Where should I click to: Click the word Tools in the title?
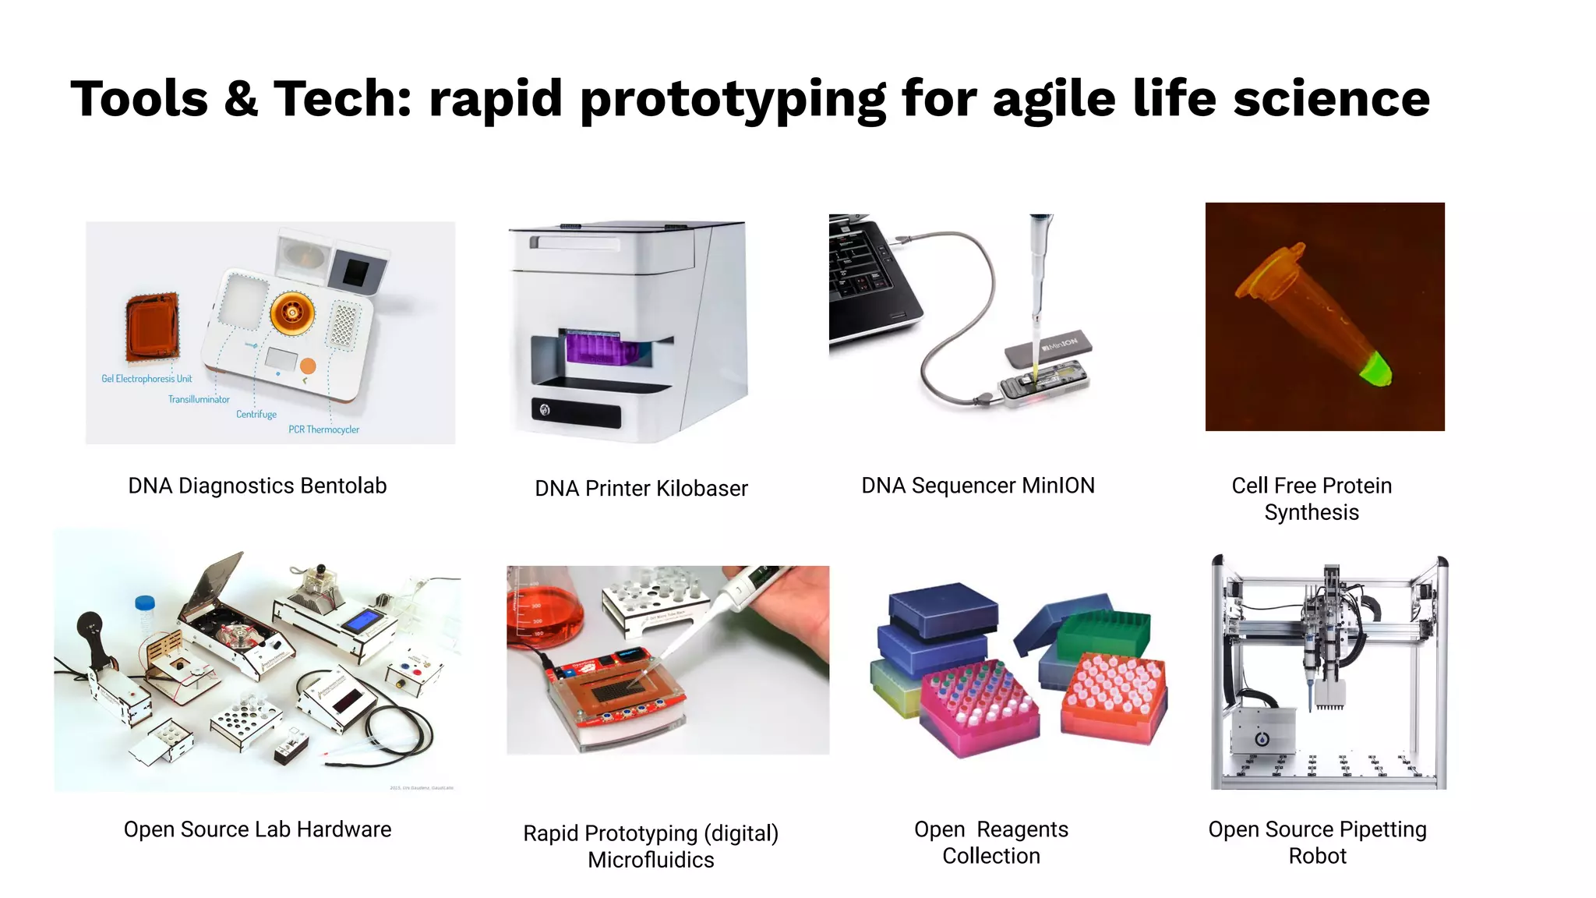click(139, 100)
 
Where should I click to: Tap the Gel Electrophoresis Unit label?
click(147, 379)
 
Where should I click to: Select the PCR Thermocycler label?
click(323, 430)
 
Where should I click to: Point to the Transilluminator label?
click(199, 399)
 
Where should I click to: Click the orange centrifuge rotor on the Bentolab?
click(292, 313)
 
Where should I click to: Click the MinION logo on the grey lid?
click(1059, 344)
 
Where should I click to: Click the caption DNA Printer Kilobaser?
click(641, 489)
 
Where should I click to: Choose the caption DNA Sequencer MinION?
click(977, 486)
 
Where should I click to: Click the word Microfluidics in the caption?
click(651, 860)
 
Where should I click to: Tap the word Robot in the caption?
click(1317, 856)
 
